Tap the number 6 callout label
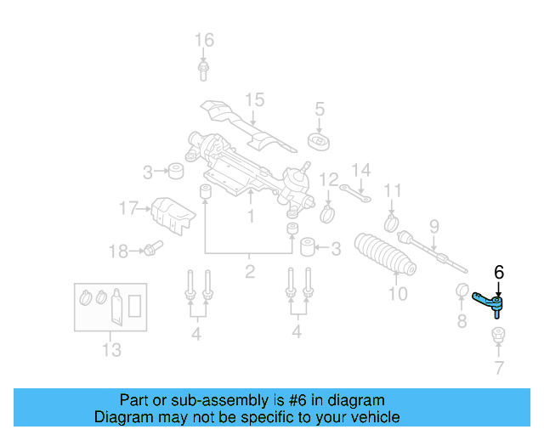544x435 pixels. tap(499, 272)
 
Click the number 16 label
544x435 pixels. tap(204, 40)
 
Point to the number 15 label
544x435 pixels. tap(255, 100)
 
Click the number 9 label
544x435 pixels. tap(433, 226)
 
